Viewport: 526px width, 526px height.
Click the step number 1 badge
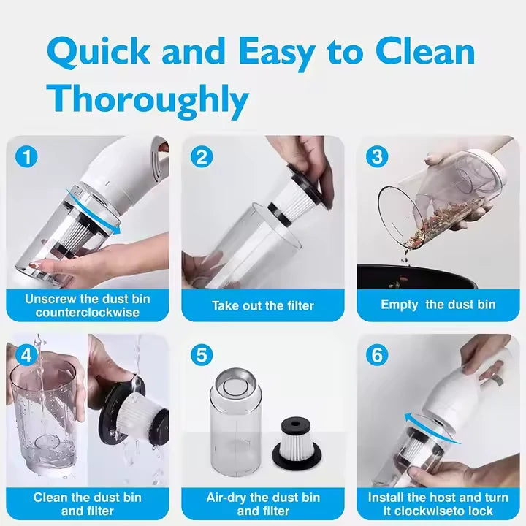coord(28,156)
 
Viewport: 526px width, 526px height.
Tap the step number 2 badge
coord(202,156)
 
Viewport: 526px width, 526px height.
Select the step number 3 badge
coord(377,156)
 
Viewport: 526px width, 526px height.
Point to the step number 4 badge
coord(28,355)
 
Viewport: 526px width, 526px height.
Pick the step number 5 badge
coord(202,355)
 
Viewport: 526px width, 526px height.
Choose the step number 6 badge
coord(377,355)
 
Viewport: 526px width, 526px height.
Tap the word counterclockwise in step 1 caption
coord(87,313)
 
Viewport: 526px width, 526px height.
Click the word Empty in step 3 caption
coord(400,305)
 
